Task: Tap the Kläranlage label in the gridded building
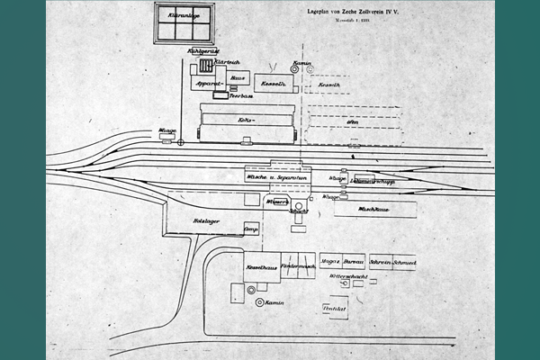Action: tap(184, 15)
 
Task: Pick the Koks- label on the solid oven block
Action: tap(244, 119)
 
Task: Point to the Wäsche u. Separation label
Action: tap(274, 177)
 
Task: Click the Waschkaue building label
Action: tap(372, 209)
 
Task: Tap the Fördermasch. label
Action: tap(298, 266)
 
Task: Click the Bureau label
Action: tap(353, 263)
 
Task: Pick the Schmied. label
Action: tap(404, 263)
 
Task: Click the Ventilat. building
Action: tap(335, 309)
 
